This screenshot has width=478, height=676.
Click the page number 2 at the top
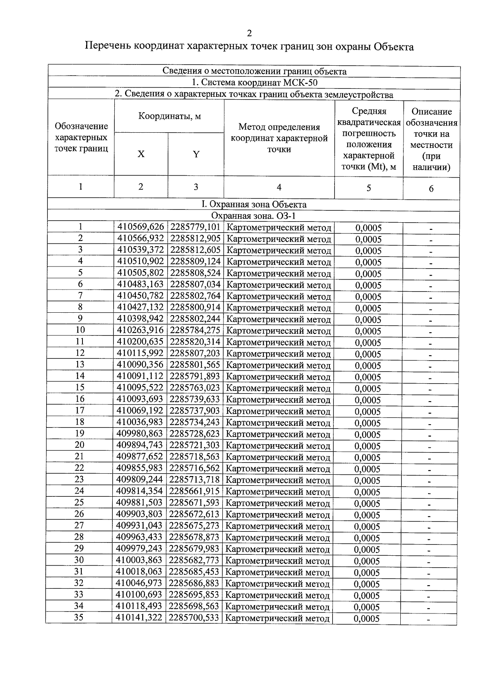[x=249, y=33]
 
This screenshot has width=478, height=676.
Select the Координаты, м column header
[x=169, y=116]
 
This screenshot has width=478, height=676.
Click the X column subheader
[x=141, y=154]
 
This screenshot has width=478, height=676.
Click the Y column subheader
[x=196, y=154]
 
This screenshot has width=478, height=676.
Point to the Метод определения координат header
[x=279, y=138]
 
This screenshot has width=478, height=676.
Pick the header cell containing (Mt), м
[x=368, y=167]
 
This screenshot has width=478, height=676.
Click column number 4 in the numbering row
[x=279, y=187]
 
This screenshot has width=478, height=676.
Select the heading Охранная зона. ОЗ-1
[x=253, y=216]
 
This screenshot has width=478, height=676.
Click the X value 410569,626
[x=141, y=227]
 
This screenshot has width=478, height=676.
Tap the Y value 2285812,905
[x=195, y=239]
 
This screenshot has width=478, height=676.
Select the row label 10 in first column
[x=80, y=330]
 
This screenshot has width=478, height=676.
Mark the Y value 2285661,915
[x=194, y=491]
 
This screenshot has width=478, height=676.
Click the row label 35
[x=79, y=617]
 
